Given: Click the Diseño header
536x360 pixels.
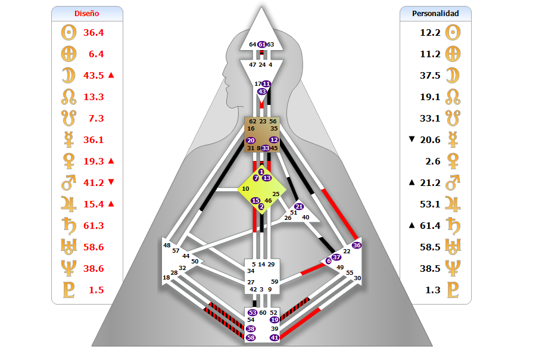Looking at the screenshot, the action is point(87,13).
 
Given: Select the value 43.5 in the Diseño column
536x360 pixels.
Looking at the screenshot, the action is point(93,75).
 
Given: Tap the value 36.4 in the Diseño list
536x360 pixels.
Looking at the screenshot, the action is point(93,32).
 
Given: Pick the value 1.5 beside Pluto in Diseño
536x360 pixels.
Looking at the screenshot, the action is point(96,290).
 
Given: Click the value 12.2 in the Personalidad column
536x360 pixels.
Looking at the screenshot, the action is point(430,32).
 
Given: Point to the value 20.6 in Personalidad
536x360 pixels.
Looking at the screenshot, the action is point(430,139).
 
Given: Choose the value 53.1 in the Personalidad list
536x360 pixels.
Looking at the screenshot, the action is point(430,204).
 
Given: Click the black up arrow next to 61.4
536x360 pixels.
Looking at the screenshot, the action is point(413,225).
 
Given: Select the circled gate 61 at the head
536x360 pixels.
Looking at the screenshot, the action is point(262,44).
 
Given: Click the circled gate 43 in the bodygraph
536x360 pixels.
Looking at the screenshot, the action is point(262,92).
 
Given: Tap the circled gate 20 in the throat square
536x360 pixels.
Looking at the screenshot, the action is point(251,140).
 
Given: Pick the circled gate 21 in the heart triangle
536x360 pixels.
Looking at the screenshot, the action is point(299,207).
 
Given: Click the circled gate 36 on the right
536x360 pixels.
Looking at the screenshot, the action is point(357,245).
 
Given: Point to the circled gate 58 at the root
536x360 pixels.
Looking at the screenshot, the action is point(251,337).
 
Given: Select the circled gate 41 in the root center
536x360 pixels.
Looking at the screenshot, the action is point(275,337).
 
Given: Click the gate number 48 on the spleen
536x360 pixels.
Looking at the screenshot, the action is point(167,245).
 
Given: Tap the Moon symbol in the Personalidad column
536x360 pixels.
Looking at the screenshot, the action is point(454,75).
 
